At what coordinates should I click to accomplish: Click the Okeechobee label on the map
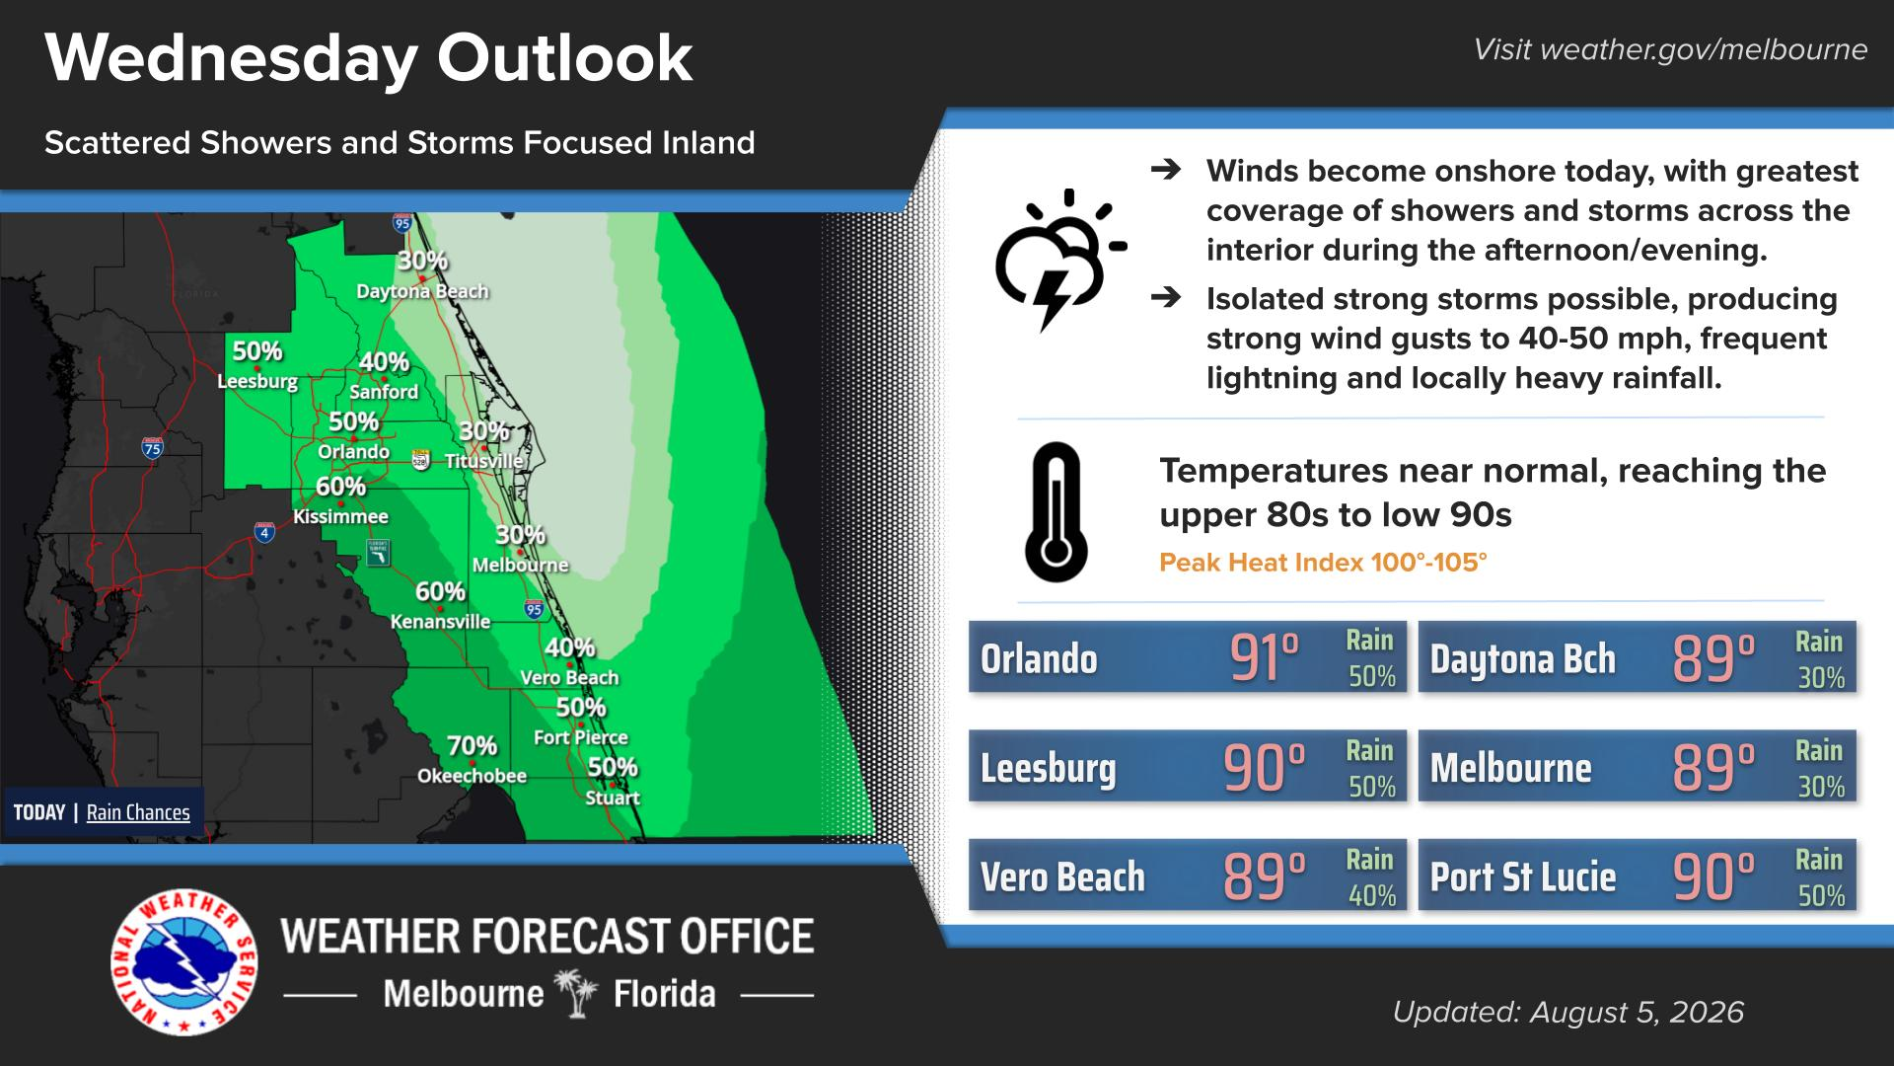pos(472,776)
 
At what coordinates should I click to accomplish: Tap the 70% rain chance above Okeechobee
pos(472,745)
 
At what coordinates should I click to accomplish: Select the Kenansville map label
pos(440,621)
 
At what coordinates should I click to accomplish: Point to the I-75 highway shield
pos(152,448)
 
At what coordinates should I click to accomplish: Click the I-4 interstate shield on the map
pos(264,533)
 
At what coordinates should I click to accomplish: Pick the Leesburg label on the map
pos(257,381)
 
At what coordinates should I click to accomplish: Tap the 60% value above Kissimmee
pos(340,487)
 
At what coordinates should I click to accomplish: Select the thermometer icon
pos(1056,511)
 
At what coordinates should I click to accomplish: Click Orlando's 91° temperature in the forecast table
pos(1265,658)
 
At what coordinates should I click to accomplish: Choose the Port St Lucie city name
pos(1523,876)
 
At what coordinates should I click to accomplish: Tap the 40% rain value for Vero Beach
pos(1372,895)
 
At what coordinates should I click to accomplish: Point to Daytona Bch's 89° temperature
pos(1713,658)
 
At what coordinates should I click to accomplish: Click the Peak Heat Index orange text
pos(1323,563)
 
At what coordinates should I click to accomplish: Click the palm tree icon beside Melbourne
pos(577,993)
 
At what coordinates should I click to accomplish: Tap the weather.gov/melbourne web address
pos(1703,49)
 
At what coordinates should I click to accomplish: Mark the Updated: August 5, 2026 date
pos(1568,1012)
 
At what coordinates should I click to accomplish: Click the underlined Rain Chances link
pos(138,812)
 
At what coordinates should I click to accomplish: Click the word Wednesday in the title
pos(232,59)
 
